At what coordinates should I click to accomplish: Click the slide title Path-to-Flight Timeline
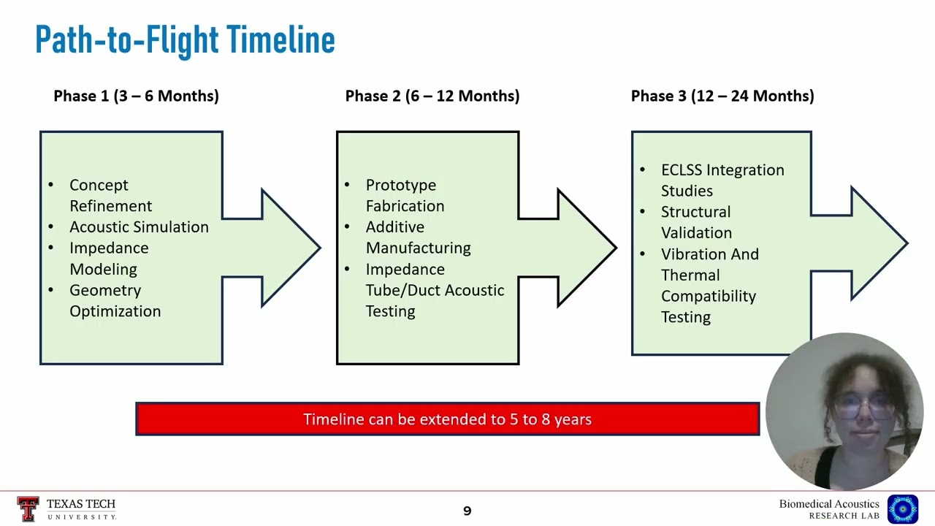(x=185, y=40)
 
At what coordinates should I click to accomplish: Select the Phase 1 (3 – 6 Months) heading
(x=136, y=96)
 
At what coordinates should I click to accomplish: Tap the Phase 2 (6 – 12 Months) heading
(x=432, y=96)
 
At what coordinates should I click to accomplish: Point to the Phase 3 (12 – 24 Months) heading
(x=722, y=96)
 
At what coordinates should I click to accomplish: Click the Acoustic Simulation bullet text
(x=139, y=227)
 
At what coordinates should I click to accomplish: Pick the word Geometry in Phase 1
(x=105, y=291)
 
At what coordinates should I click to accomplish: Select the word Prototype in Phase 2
(x=401, y=186)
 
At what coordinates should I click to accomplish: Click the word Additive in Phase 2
(x=395, y=227)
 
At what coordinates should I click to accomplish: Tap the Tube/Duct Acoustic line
(x=435, y=291)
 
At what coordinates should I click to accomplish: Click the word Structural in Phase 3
(x=696, y=212)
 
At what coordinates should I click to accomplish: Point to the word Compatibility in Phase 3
(x=709, y=297)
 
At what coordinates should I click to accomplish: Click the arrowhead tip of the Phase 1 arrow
(x=320, y=248)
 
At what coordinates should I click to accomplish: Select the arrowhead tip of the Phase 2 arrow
(x=616, y=248)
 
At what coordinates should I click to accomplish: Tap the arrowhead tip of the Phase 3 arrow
(x=907, y=243)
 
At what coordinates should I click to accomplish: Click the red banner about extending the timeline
(x=448, y=419)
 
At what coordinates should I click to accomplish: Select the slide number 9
(x=467, y=511)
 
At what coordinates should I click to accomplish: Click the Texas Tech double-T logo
(x=28, y=509)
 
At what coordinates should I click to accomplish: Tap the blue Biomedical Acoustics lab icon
(x=903, y=509)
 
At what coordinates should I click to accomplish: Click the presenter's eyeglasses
(x=864, y=406)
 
